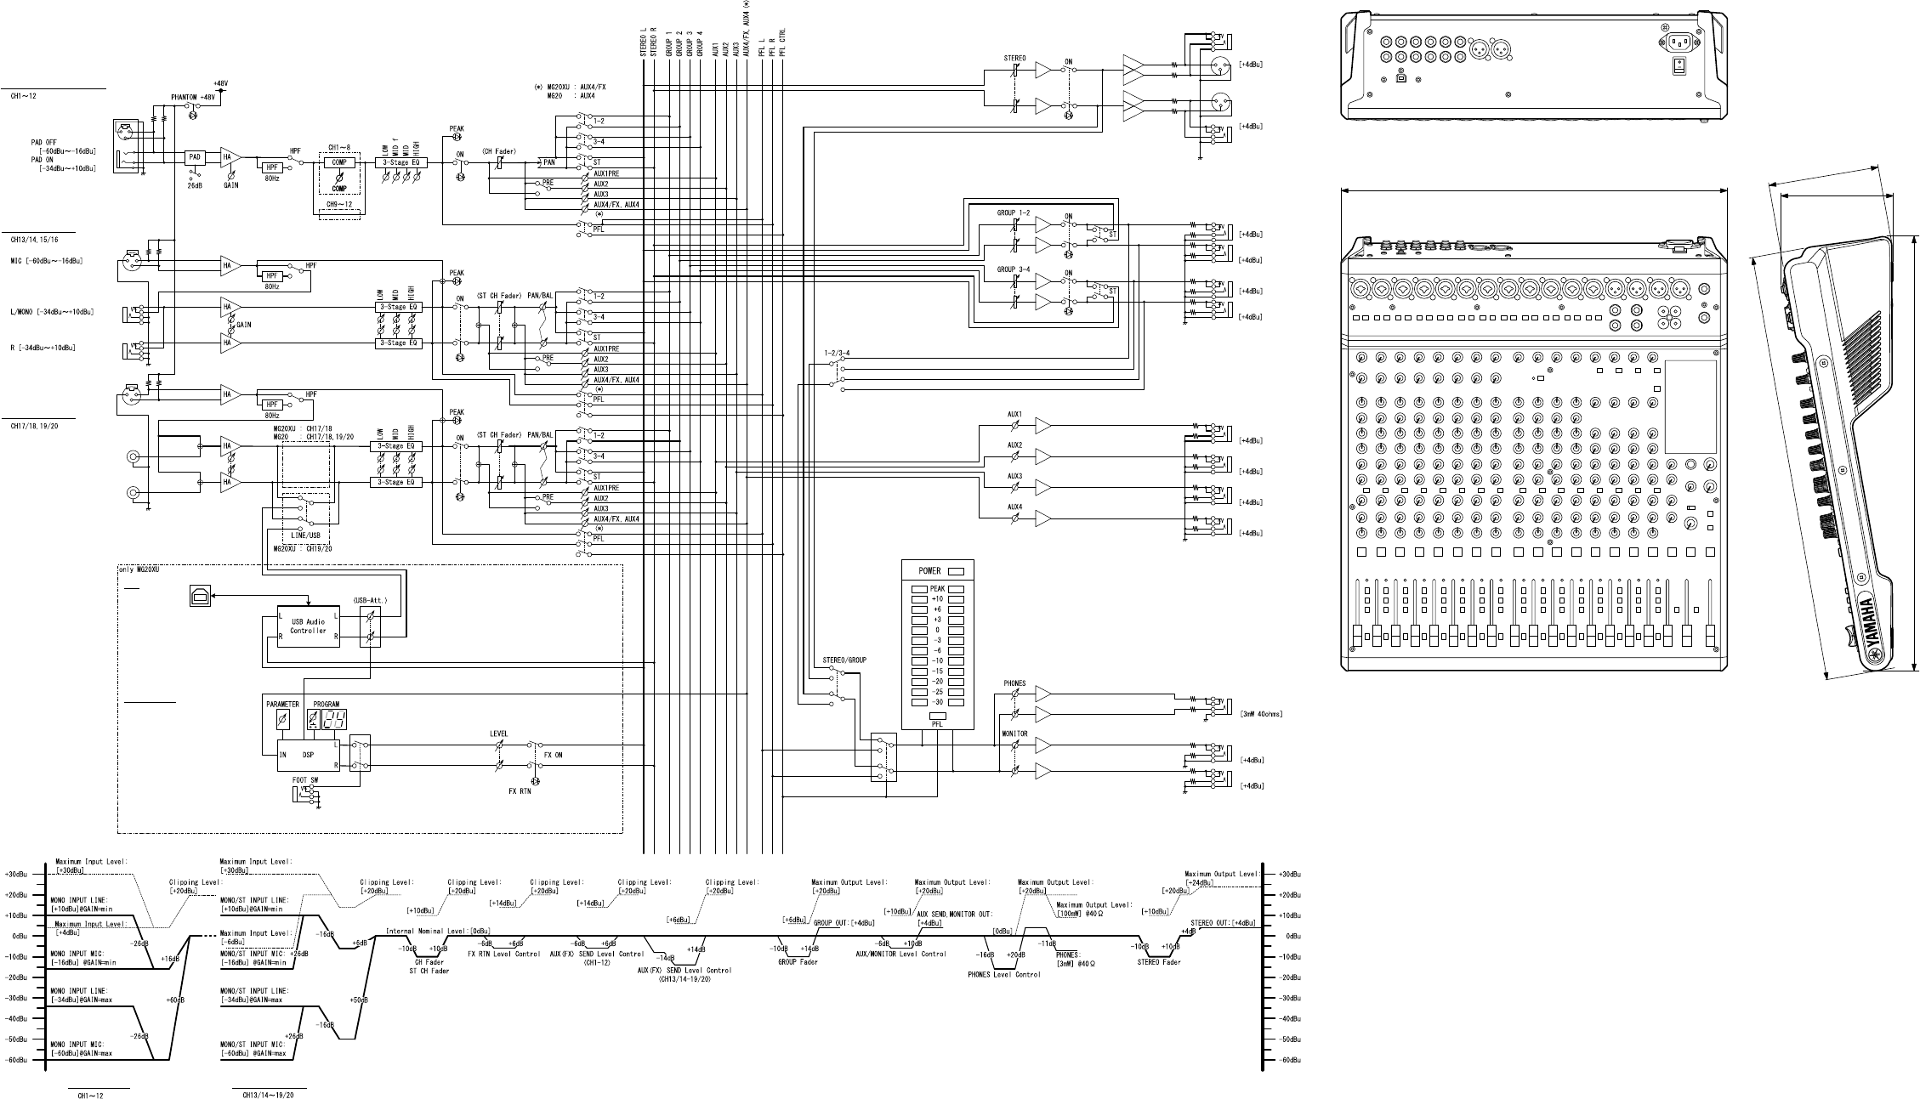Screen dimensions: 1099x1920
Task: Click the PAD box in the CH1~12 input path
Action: tap(195, 157)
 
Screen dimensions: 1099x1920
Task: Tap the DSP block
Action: tap(307, 754)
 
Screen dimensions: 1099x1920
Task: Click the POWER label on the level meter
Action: tap(929, 571)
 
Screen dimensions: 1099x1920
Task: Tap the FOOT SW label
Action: tap(305, 779)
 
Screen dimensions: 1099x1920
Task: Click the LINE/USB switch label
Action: tap(305, 535)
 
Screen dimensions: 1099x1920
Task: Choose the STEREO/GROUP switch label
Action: tap(844, 660)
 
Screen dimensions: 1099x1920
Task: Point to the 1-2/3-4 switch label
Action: tap(837, 352)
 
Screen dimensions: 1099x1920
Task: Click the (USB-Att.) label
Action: tap(370, 600)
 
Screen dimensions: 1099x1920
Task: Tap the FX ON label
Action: tap(554, 754)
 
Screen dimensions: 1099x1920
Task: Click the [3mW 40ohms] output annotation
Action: tap(1261, 714)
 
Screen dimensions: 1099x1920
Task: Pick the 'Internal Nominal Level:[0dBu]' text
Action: tap(438, 931)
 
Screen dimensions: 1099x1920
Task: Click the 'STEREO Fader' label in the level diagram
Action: tap(1159, 962)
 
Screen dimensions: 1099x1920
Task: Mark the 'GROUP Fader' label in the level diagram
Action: tap(798, 962)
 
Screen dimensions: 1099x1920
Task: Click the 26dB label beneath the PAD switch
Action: tap(195, 184)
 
